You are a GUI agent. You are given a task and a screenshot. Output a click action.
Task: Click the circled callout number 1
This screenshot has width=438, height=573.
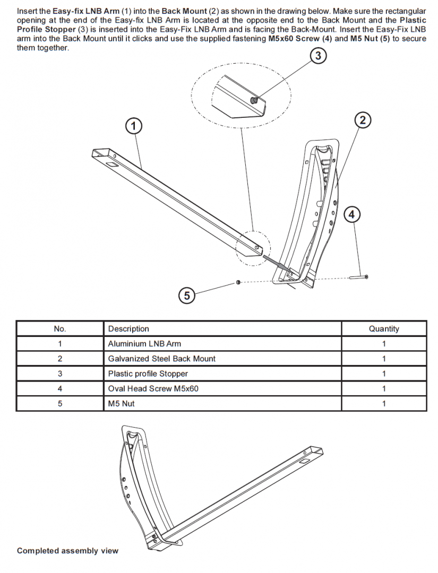pos(134,126)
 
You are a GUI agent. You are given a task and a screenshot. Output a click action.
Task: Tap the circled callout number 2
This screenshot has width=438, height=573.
pos(363,120)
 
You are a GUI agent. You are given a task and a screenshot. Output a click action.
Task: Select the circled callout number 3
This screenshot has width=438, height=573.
pos(317,55)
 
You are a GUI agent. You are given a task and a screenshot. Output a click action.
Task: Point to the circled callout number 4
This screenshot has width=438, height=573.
pos(351,214)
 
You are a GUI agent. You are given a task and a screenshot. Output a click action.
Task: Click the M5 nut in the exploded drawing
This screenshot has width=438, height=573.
pos(238,282)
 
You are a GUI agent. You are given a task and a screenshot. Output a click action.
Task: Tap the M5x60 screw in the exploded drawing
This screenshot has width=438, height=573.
pos(359,276)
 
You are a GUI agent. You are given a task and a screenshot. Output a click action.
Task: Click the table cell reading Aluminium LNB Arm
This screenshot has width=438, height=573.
pos(144,344)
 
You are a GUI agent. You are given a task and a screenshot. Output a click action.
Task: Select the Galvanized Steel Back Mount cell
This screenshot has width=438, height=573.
pos(161,359)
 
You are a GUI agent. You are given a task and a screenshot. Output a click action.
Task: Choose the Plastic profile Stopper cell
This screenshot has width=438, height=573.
pos(148,374)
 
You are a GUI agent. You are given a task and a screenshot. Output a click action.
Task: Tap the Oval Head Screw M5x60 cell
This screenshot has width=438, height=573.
pos(153,388)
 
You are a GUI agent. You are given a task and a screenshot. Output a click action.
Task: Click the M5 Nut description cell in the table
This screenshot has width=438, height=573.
pos(121,403)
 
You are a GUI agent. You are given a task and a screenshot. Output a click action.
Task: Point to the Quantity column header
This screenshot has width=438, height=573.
pos(383,329)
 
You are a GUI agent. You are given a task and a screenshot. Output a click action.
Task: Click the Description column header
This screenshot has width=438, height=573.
pos(128,329)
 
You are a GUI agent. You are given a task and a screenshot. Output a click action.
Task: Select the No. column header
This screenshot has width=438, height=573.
pos(60,329)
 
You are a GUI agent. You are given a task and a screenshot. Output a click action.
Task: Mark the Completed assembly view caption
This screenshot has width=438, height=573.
pos(67,551)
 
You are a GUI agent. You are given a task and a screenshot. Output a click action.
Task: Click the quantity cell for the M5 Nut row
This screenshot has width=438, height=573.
pos(383,403)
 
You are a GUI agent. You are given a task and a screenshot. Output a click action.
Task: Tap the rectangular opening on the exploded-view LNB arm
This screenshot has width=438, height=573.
pos(112,166)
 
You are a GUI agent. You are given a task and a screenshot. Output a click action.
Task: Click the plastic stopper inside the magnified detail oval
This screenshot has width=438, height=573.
pos(255,100)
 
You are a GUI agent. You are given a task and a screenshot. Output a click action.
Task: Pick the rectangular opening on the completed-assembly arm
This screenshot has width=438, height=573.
pos(306,463)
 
